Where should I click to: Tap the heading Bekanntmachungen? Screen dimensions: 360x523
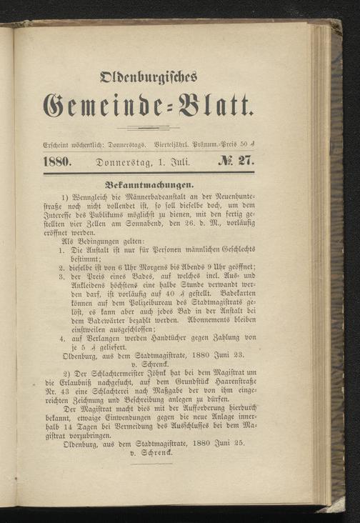click(x=149, y=183)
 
